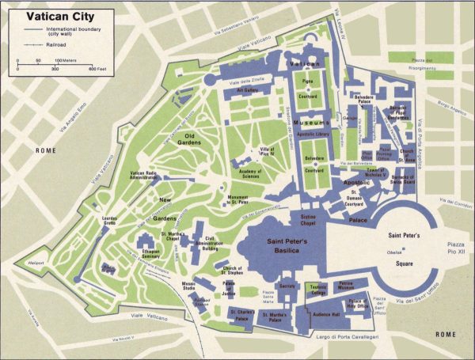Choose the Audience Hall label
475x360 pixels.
click(325, 314)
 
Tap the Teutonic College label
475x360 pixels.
click(317, 290)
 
